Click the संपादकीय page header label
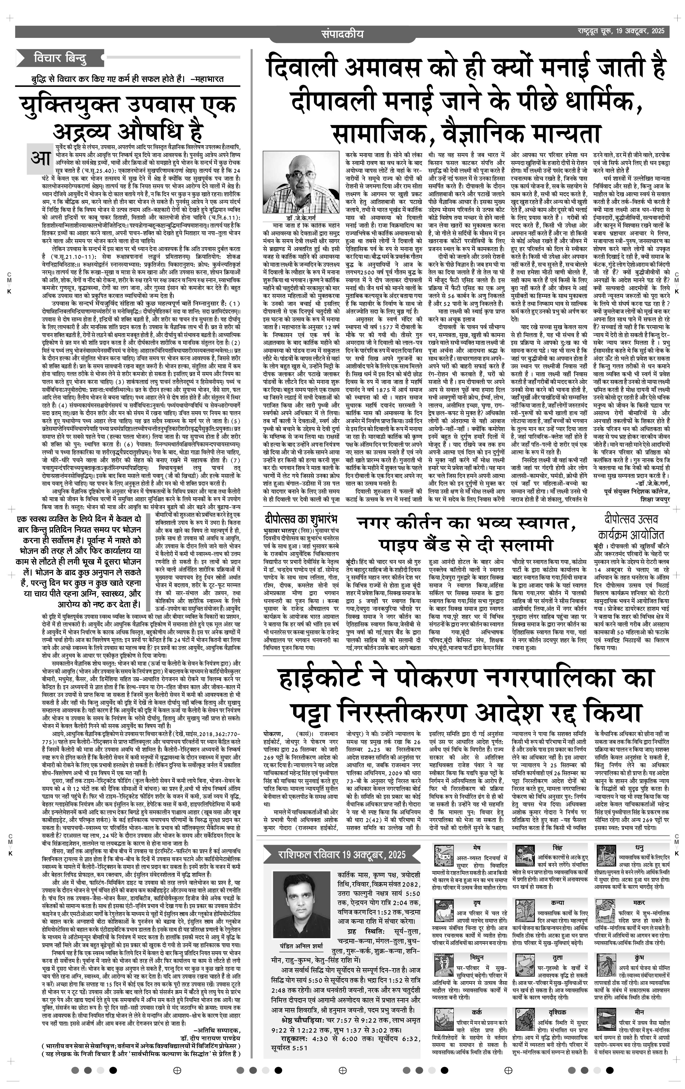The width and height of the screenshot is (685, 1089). [x=342, y=34]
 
